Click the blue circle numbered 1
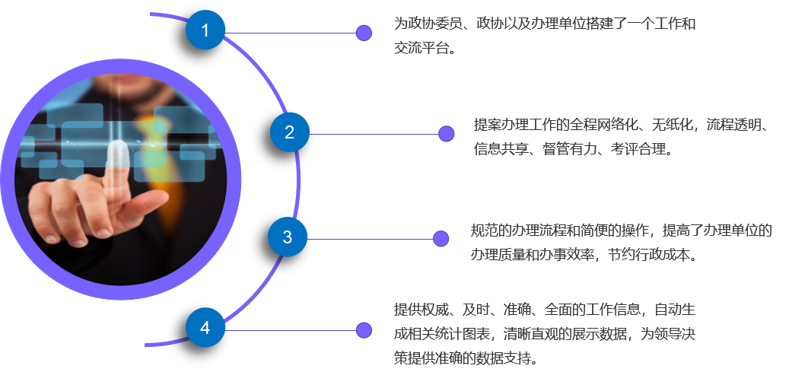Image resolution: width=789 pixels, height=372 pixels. point(205,30)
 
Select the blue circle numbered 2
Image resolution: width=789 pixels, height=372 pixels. point(289,132)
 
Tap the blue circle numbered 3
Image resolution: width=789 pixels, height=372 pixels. point(287,237)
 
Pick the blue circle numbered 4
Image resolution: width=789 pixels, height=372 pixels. point(205,328)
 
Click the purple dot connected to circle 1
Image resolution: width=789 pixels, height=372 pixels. point(364,33)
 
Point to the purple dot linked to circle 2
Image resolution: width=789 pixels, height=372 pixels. point(447,134)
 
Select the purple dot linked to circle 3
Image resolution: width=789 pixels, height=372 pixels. point(441,239)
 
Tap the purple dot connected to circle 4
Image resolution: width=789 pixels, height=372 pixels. point(364,330)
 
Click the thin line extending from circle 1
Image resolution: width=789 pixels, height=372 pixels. point(289,33)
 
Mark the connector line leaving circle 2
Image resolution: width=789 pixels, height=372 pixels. point(373,135)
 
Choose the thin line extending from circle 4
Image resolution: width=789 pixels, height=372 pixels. point(289,330)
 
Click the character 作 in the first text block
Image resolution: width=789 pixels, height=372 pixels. point(674,24)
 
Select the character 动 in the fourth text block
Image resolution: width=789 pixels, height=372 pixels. point(673,310)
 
